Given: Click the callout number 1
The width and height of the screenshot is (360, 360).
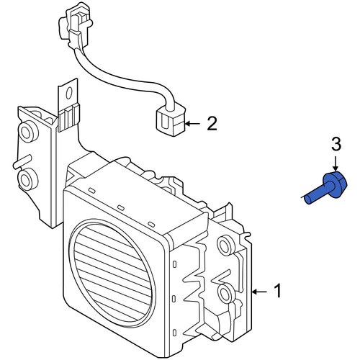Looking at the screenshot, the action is [x=278, y=291].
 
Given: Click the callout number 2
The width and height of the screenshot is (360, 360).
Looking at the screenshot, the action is [x=212, y=124].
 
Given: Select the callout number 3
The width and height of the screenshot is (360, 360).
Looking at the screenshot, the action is [x=336, y=144].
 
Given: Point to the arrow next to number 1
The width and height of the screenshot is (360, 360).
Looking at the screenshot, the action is [x=259, y=292].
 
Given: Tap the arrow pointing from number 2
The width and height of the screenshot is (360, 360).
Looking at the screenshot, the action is [x=193, y=124].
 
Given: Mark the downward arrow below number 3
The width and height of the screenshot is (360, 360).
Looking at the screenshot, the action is [x=336, y=164].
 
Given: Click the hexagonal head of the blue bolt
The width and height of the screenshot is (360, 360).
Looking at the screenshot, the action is [x=336, y=184].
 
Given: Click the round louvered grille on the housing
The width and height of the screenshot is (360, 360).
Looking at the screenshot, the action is [x=112, y=273].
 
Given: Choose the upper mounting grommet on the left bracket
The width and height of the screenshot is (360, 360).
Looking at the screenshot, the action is [x=29, y=131].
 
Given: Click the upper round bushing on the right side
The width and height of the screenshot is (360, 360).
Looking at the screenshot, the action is [x=225, y=246].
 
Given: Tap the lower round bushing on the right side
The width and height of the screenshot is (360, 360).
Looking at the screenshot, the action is [x=226, y=293].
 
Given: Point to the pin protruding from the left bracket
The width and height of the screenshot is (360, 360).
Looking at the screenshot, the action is [x=22, y=161].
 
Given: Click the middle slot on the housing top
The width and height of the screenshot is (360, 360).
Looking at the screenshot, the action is [x=120, y=207].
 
